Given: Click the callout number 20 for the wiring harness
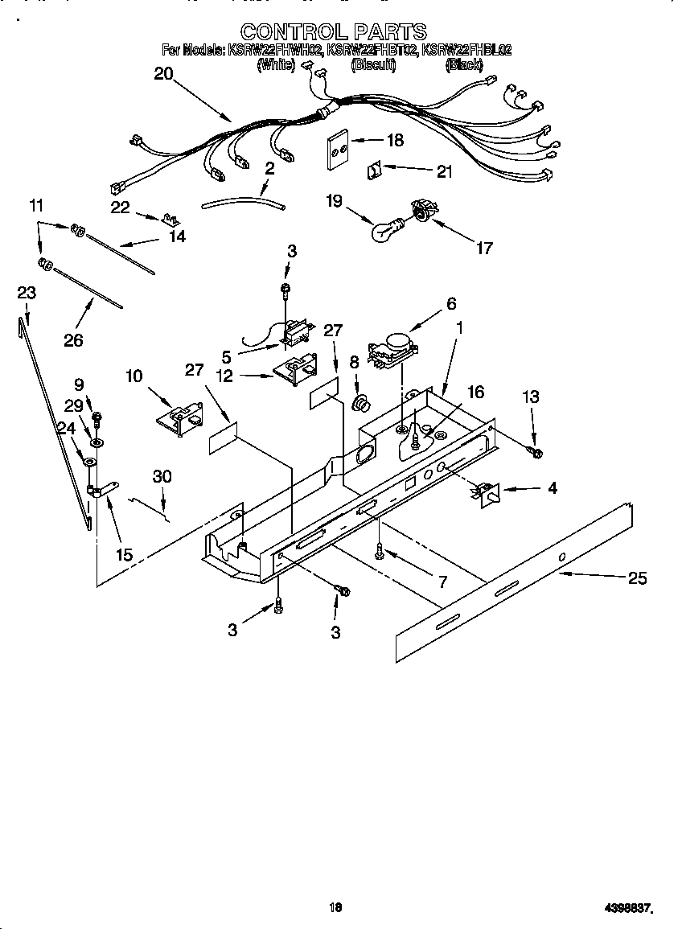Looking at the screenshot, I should (x=163, y=73).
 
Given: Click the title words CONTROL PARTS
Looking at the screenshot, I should (x=333, y=31).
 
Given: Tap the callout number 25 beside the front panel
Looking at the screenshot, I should (x=637, y=578).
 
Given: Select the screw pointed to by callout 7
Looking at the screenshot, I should (x=379, y=549).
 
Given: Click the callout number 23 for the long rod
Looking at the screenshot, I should (x=27, y=293).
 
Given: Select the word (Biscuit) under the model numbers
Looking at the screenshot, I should (x=373, y=66).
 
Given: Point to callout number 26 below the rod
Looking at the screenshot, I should (x=73, y=340).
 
